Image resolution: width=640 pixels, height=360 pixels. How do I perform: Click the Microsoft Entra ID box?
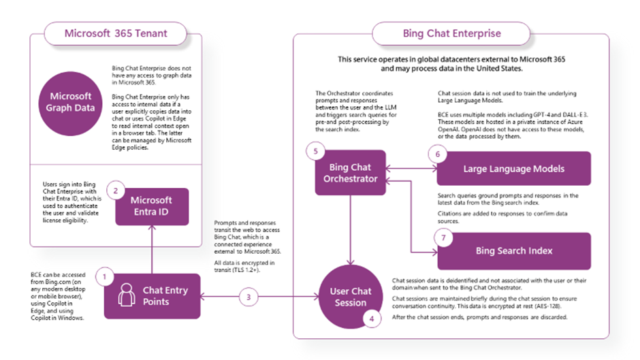coord(151,206)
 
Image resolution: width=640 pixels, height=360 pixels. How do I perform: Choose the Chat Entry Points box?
coord(152,296)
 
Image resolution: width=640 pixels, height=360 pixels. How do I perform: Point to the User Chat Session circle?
coord(351,297)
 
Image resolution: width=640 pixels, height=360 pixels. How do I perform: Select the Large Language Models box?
coord(514,169)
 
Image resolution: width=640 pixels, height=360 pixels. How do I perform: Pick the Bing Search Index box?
coord(514,251)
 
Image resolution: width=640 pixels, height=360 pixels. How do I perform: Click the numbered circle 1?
coord(105,276)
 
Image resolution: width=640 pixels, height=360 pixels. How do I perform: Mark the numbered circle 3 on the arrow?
coord(249,296)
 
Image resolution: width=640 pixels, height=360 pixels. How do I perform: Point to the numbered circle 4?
coord(371,316)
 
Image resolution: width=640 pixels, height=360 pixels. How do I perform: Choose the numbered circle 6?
coord(437,154)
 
